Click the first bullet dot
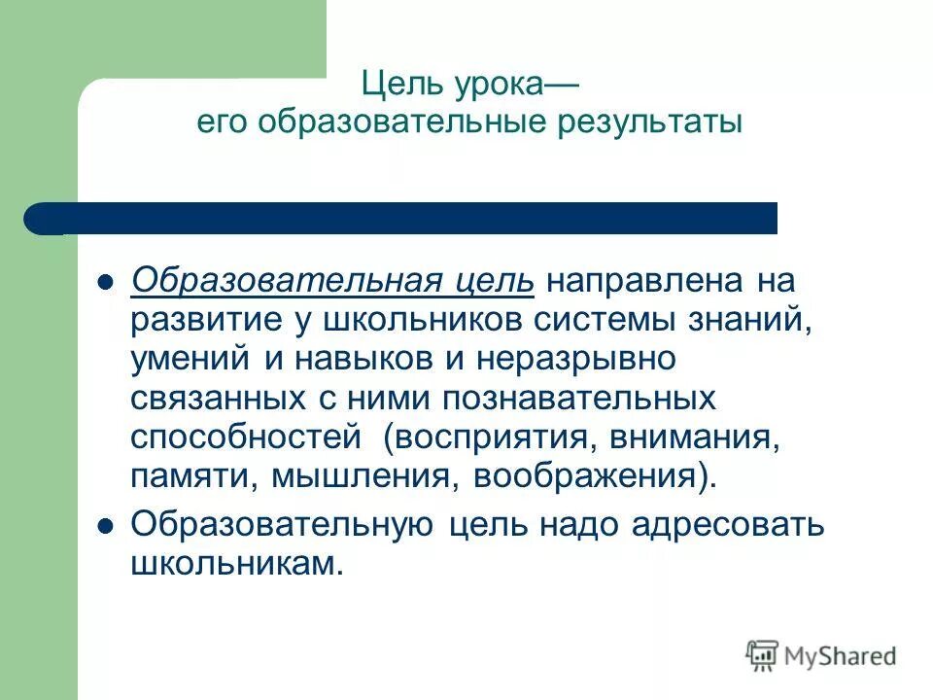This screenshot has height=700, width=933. coord(108,283)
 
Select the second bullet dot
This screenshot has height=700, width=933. coord(108,526)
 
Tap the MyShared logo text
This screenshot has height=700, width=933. coord(841,656)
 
